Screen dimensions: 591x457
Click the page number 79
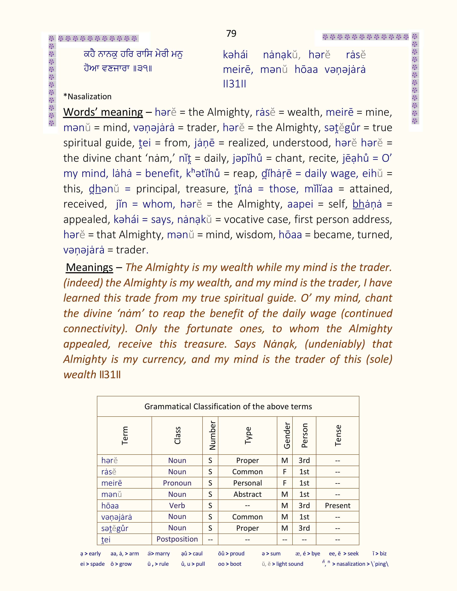click(x=231, y=33)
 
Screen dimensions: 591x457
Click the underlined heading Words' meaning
click(x=103, y=112)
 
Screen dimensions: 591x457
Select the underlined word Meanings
click(x=89, y=267)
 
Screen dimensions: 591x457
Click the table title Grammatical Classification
click(x=228, y=407)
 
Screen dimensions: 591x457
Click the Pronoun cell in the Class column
click(x=177, y=483)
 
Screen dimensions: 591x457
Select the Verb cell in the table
click(x=177, y=506)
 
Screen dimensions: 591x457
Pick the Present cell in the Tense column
click(x=338, y=506)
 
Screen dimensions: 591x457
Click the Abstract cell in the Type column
click(x=247, y=494)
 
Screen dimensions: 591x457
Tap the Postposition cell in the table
click(x=177, y=539)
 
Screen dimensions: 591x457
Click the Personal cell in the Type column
click(x=247, y=483)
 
